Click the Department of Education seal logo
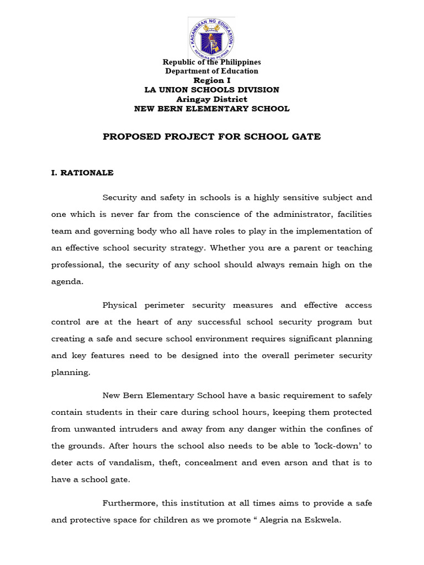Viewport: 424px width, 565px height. tap(211, 38)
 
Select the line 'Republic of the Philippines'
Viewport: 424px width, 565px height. tap(211, 62)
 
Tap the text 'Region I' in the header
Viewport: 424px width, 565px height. tap(211, 80)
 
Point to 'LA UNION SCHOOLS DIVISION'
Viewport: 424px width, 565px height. tap(211, 89)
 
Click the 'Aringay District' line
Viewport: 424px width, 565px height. tap(211, 99)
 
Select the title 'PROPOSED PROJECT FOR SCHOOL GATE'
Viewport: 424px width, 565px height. tap(211, 137)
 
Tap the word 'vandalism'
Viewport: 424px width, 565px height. tap(123, 463)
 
